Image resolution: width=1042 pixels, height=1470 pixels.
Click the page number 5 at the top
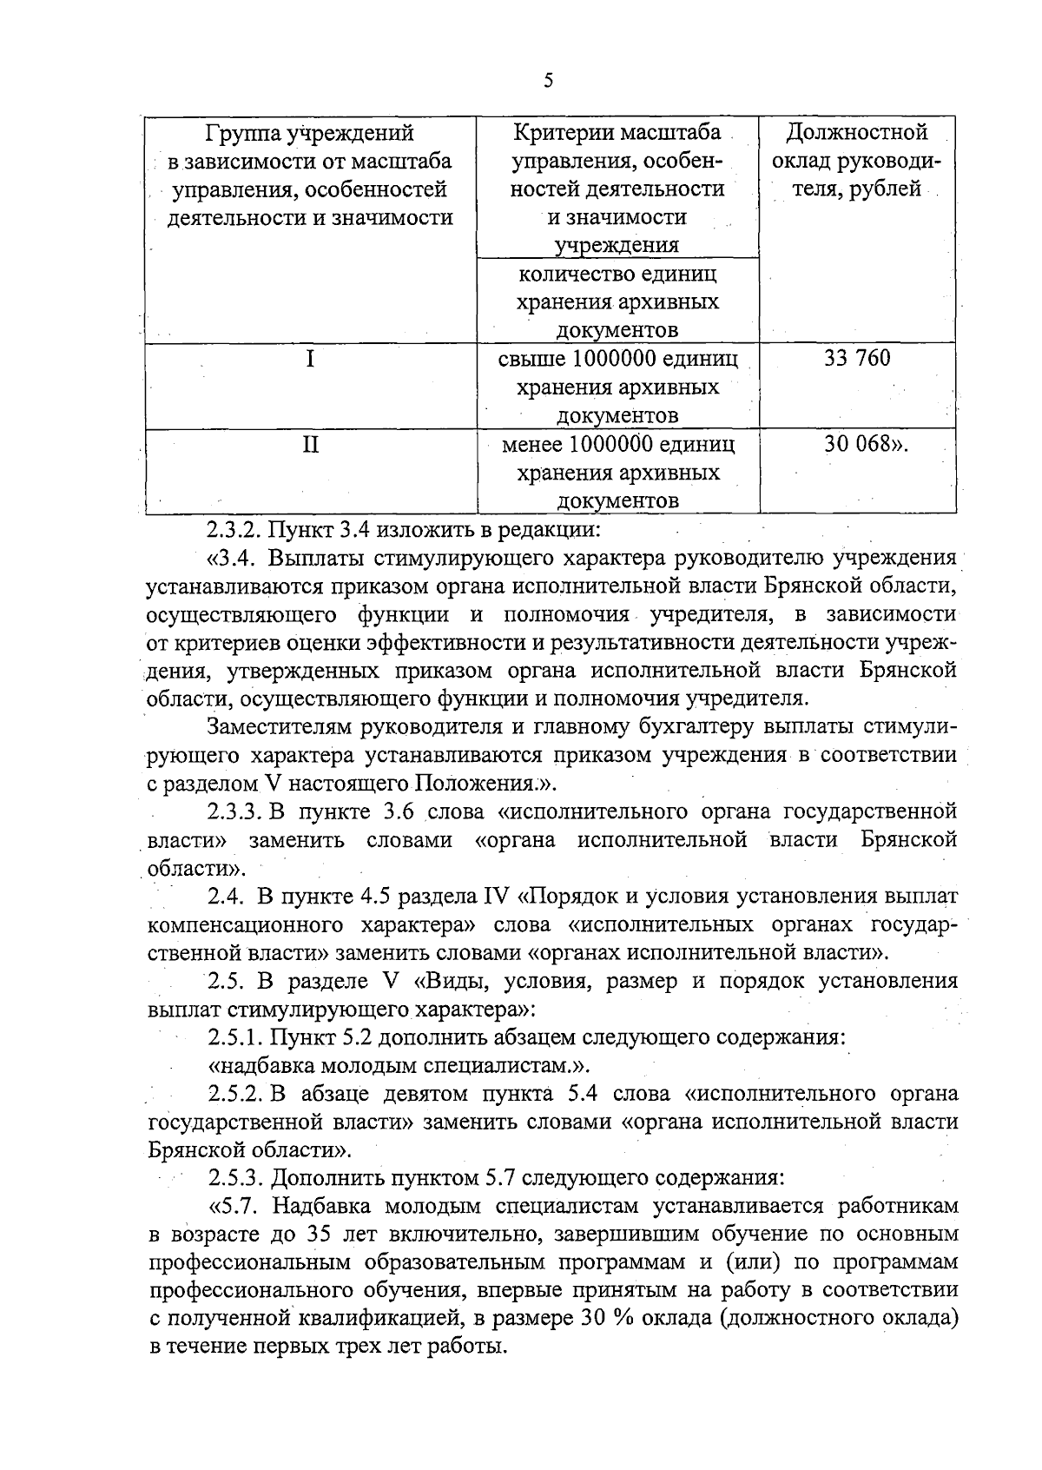(x=547, y=81)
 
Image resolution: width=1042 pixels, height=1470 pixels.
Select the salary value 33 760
(x=857, y=358)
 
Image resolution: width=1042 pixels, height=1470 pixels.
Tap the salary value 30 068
(x=861, y=444)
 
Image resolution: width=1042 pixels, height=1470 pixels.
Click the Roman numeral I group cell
(x=310, y=358)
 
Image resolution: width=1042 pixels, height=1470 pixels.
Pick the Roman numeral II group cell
(x=310, y=445)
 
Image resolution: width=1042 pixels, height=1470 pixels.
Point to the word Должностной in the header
(x=857, y=133)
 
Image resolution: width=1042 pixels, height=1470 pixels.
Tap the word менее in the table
(x=533, y=445)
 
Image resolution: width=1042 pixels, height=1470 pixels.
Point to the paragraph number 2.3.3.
(x=235, y=811)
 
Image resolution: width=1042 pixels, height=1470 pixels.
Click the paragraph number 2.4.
(x=227, y=896)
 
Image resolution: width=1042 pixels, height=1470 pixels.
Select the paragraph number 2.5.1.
(x=235, y=1037)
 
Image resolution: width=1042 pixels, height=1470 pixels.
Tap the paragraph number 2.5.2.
(x=235, y=1093)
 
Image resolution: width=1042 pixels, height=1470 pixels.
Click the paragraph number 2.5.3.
(x=235, y=1178)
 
